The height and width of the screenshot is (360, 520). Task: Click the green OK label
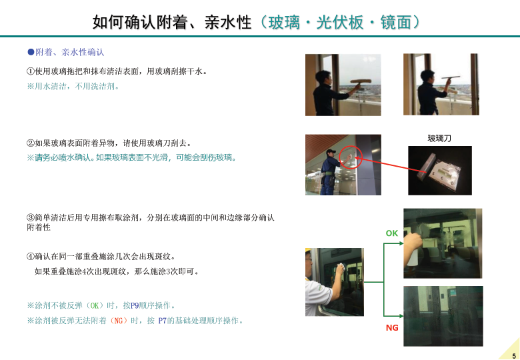coord(391,233)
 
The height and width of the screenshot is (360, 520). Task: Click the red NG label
coord(392,328)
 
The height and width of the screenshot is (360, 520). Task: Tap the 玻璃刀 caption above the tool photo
coord(439,138)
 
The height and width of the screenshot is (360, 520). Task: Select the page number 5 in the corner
coord(514,356)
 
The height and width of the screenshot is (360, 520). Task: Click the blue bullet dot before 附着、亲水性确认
coord(31,52)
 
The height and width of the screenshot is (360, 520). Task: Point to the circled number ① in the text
coord(31,71)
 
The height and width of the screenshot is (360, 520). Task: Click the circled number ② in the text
coord(31,143)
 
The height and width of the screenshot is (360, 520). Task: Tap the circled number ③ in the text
coord(31,217)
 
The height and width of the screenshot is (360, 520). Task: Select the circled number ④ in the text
coord(31,256)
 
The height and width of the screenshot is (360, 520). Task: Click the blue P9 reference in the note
coord(135,305)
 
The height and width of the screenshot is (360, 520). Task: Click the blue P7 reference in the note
coord(163,321)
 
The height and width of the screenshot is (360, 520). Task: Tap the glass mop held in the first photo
coord(361,81)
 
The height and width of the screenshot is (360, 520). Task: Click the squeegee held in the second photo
coord(451,78)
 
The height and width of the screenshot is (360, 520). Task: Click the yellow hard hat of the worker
coord(307,251)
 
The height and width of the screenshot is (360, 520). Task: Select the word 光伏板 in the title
coord(340,22)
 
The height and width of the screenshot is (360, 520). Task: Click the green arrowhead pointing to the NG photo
coord(401,316)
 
